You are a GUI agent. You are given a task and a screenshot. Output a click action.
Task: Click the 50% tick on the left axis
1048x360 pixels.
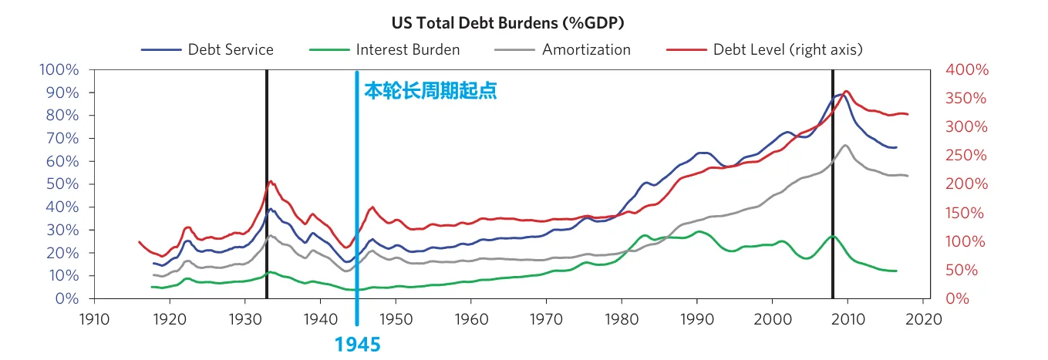pyautogui.click(x=62, y=184)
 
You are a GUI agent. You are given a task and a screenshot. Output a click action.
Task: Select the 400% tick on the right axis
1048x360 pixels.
pyautogui.click(x=966, y=70)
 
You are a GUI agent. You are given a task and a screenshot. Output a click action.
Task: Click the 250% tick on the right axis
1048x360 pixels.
pyautogui.click(x=966, y=156)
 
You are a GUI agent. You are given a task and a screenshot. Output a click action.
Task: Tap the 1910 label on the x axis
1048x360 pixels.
pyautogui.click(x=93, y=318)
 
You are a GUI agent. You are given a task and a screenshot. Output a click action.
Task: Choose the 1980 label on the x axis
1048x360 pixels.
pyautogui.click(x=622, y=318)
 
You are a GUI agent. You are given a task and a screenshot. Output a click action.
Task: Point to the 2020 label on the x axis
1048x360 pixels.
pyautogui.click(x=922, y=318)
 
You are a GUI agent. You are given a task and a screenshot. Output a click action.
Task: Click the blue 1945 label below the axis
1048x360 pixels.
pyautogui.click(x=357, y=344)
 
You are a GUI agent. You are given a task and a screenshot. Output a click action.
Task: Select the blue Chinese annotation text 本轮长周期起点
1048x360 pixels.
pyautogui.click(x=430, y=92)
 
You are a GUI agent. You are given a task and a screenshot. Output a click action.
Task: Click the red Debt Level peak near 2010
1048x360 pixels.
pyautogui.click(x=846, y=92)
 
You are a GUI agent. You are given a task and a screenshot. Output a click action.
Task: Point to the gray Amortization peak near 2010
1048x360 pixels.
pyautogui.click(x=846, y=146)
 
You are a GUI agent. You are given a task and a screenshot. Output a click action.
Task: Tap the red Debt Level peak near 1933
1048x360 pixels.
pyautogui.click(x=270, y=181)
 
